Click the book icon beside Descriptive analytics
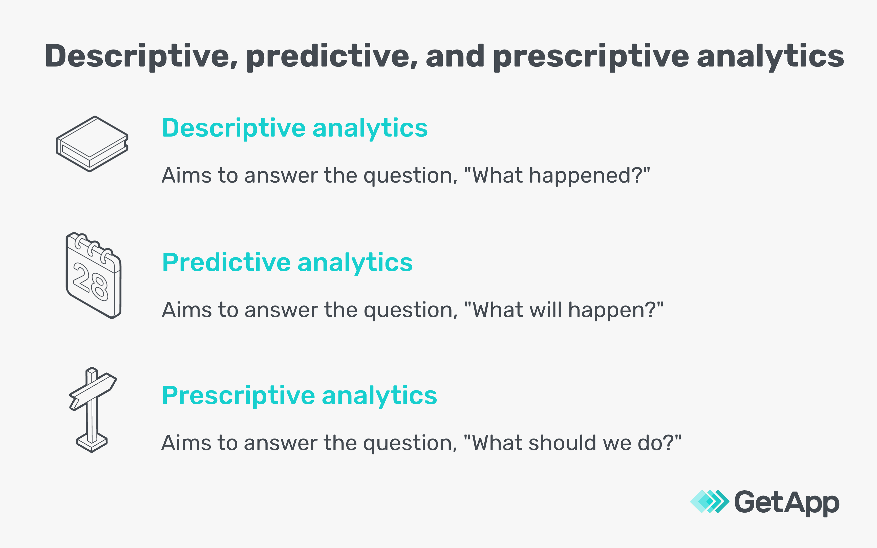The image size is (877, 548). coord(92,144)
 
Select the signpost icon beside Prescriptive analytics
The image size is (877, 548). coord(93,410)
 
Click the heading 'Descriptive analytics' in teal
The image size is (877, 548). coord(295,129)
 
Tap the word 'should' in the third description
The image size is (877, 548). coord(562,443)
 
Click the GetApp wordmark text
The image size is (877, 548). coord(787,503)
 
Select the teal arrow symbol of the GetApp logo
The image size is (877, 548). coord(710,502)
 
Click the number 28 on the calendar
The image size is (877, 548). coord(91,282)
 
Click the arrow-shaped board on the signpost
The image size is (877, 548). coord(93,391)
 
